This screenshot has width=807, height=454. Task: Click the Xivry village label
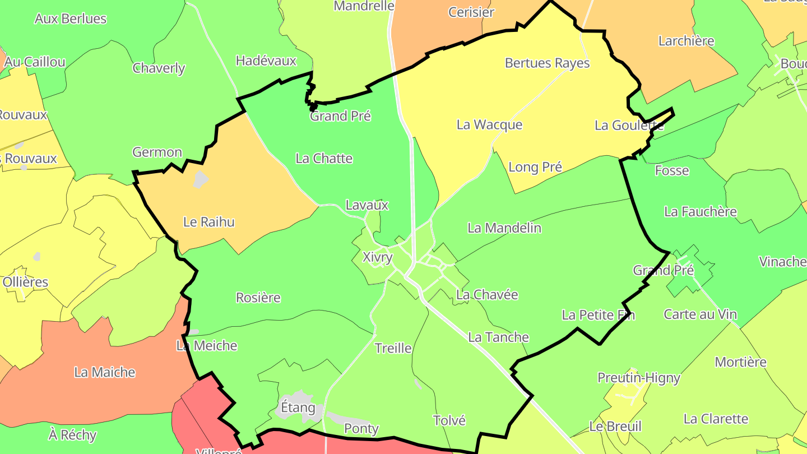tap(377, 257)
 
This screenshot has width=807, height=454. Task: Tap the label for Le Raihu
tap(209, 222)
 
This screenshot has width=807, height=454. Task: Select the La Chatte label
tap(324, 159)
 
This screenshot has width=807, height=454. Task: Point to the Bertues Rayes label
tap(547, 63)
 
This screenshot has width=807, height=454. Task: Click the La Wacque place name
tap(489, 125)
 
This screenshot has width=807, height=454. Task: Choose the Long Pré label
tap(535, 167)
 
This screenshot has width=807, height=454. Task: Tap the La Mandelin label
tap(504, 228)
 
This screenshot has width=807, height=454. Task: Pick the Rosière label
tap(258, 298)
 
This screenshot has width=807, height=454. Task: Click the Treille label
tap(393, 348)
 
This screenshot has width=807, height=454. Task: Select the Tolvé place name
tap(449, 420)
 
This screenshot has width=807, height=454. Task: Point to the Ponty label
tap(361, 429)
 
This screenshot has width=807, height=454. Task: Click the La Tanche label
tap(498, 337)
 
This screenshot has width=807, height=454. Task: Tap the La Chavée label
tap(487, 295)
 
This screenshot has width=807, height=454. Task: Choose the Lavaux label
tap(367, 205)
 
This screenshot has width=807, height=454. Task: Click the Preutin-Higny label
tap(638, 378)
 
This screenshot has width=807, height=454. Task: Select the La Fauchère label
tap(700, 212)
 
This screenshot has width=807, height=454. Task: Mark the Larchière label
tap(686, 41)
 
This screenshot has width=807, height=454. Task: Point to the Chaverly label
tap(159, 68)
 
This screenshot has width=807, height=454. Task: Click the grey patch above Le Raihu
tap(201, 179)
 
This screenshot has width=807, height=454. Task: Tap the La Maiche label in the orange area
tap(105, 372)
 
